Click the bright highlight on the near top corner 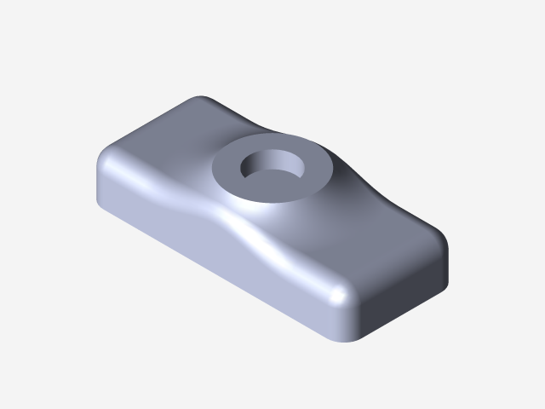340,294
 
